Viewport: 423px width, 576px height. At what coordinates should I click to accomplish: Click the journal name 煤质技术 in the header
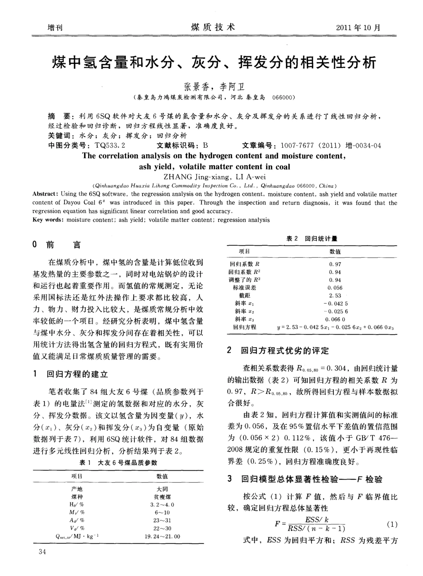[x=213, y=27]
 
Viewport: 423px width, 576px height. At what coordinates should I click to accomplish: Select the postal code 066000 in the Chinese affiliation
[x=283, y=98]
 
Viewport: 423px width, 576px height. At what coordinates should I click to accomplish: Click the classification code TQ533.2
[x=110, y=145]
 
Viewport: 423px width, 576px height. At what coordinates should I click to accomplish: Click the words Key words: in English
[x=48, y=220]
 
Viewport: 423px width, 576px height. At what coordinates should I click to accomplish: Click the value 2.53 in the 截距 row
[x=335, y=295]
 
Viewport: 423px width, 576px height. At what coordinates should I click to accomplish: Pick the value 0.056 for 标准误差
[x=335, y=288]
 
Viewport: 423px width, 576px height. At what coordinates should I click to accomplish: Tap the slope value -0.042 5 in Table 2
[x=335, y=303]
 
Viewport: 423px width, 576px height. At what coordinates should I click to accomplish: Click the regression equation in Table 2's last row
[x=335, y=327]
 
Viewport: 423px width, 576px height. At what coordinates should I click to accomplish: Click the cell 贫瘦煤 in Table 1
[x=162, y=497]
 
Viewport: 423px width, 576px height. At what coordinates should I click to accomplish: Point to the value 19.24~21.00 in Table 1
[x=162, y=536]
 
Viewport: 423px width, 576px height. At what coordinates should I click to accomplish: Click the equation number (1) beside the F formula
[x=392, y=524]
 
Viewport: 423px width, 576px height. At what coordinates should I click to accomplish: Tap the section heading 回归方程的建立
[x=77, y=374]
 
